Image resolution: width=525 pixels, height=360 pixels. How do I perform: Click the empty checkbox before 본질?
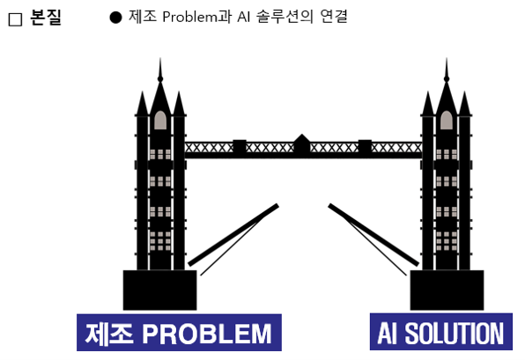pos(15,19)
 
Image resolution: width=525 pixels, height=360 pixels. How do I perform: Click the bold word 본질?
pos(46,17)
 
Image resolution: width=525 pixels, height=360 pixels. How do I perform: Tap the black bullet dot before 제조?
pos(115,18)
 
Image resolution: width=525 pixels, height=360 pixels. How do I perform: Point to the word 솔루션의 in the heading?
pos(285,17)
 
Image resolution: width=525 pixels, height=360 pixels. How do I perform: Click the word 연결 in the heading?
pos(334,17)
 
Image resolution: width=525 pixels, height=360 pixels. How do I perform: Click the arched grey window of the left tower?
pos(160,120)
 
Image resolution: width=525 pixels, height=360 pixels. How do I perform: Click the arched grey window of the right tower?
pos(447,120)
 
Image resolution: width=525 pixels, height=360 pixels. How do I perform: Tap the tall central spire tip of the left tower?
pos(160,58)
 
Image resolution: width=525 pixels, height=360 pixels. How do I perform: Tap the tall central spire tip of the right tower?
pos(447,58)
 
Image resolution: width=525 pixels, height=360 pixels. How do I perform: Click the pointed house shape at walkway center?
pos(302,144)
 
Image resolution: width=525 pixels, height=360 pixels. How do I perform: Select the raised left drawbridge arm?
pos(233,235)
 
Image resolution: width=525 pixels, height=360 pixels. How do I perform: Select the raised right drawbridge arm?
pos(373,235)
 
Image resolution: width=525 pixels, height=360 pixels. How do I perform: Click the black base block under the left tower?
pos(160,290)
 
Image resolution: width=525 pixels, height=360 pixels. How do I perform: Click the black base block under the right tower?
pos(447,290)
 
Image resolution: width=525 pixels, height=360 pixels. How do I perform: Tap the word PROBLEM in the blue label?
pos(207,334)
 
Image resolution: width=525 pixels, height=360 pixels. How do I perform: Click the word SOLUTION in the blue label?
pos(455,334)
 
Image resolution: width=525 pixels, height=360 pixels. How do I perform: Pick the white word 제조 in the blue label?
pos(109,334)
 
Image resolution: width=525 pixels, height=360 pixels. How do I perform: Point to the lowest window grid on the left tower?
pos(160,241)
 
